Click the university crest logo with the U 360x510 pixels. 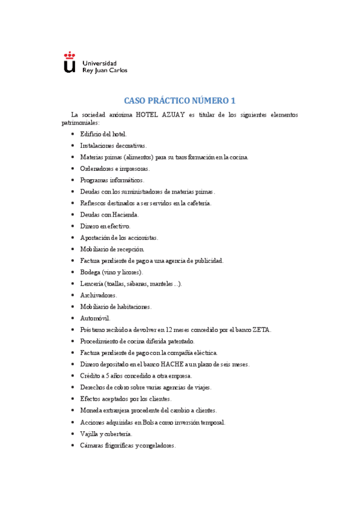70,63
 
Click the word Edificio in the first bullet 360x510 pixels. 91,134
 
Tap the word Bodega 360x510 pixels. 91,272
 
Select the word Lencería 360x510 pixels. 91,283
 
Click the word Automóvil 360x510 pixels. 95,318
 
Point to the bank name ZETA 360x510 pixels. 263,330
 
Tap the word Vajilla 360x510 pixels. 90,433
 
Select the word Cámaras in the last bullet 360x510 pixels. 93,445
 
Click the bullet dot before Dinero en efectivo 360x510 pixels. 73,226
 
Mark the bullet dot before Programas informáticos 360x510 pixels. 73,180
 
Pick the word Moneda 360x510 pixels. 91,410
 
